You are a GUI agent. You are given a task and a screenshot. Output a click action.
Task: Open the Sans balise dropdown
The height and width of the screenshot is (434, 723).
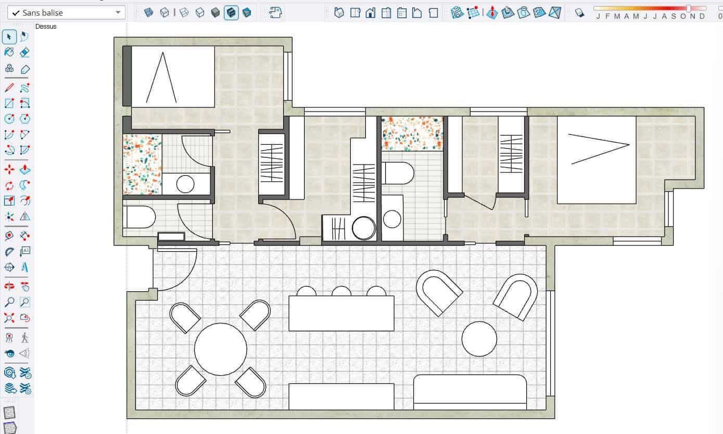[66, 13]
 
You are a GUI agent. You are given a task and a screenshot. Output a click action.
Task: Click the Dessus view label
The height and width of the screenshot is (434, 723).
[46, 27]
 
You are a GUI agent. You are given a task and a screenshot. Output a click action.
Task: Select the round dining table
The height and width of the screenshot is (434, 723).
[220, 349]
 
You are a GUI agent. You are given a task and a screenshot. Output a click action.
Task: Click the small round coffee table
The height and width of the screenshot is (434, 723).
[479, 339]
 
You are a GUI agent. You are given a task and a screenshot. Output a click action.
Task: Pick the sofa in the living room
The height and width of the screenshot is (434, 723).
[470, 392]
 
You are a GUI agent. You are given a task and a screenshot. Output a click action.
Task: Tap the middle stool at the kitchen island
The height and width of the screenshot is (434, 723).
[341, 291]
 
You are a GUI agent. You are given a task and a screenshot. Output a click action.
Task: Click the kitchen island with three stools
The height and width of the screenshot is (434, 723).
[341, 313]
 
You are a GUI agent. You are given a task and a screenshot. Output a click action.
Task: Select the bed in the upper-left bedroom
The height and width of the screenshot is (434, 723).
[173, 77]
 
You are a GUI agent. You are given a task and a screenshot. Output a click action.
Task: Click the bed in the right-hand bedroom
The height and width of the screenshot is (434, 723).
[596, 160]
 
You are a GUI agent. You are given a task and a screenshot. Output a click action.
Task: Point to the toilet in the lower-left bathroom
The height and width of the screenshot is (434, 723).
[139, 217]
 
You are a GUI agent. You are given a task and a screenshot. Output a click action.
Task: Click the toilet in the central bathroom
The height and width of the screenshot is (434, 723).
[398, 173]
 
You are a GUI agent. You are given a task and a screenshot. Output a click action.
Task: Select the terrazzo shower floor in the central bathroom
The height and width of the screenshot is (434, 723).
[412, 133]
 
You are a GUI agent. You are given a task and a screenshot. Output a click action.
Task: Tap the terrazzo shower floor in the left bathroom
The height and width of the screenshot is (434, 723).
[142, 164]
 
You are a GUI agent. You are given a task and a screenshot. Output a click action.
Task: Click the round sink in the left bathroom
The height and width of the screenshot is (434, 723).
[185, 184]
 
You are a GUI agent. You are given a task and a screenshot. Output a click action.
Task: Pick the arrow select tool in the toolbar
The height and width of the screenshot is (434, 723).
[9, 36]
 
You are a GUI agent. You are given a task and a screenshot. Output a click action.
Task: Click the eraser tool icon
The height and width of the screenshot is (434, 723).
[24, 53]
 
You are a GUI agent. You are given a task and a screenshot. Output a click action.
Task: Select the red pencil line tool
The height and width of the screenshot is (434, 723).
[9, 87]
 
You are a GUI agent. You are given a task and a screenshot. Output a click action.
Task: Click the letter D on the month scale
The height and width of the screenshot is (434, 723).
[702, 17]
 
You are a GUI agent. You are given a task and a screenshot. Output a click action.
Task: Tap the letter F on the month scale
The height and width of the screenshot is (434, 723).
[608, 17]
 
